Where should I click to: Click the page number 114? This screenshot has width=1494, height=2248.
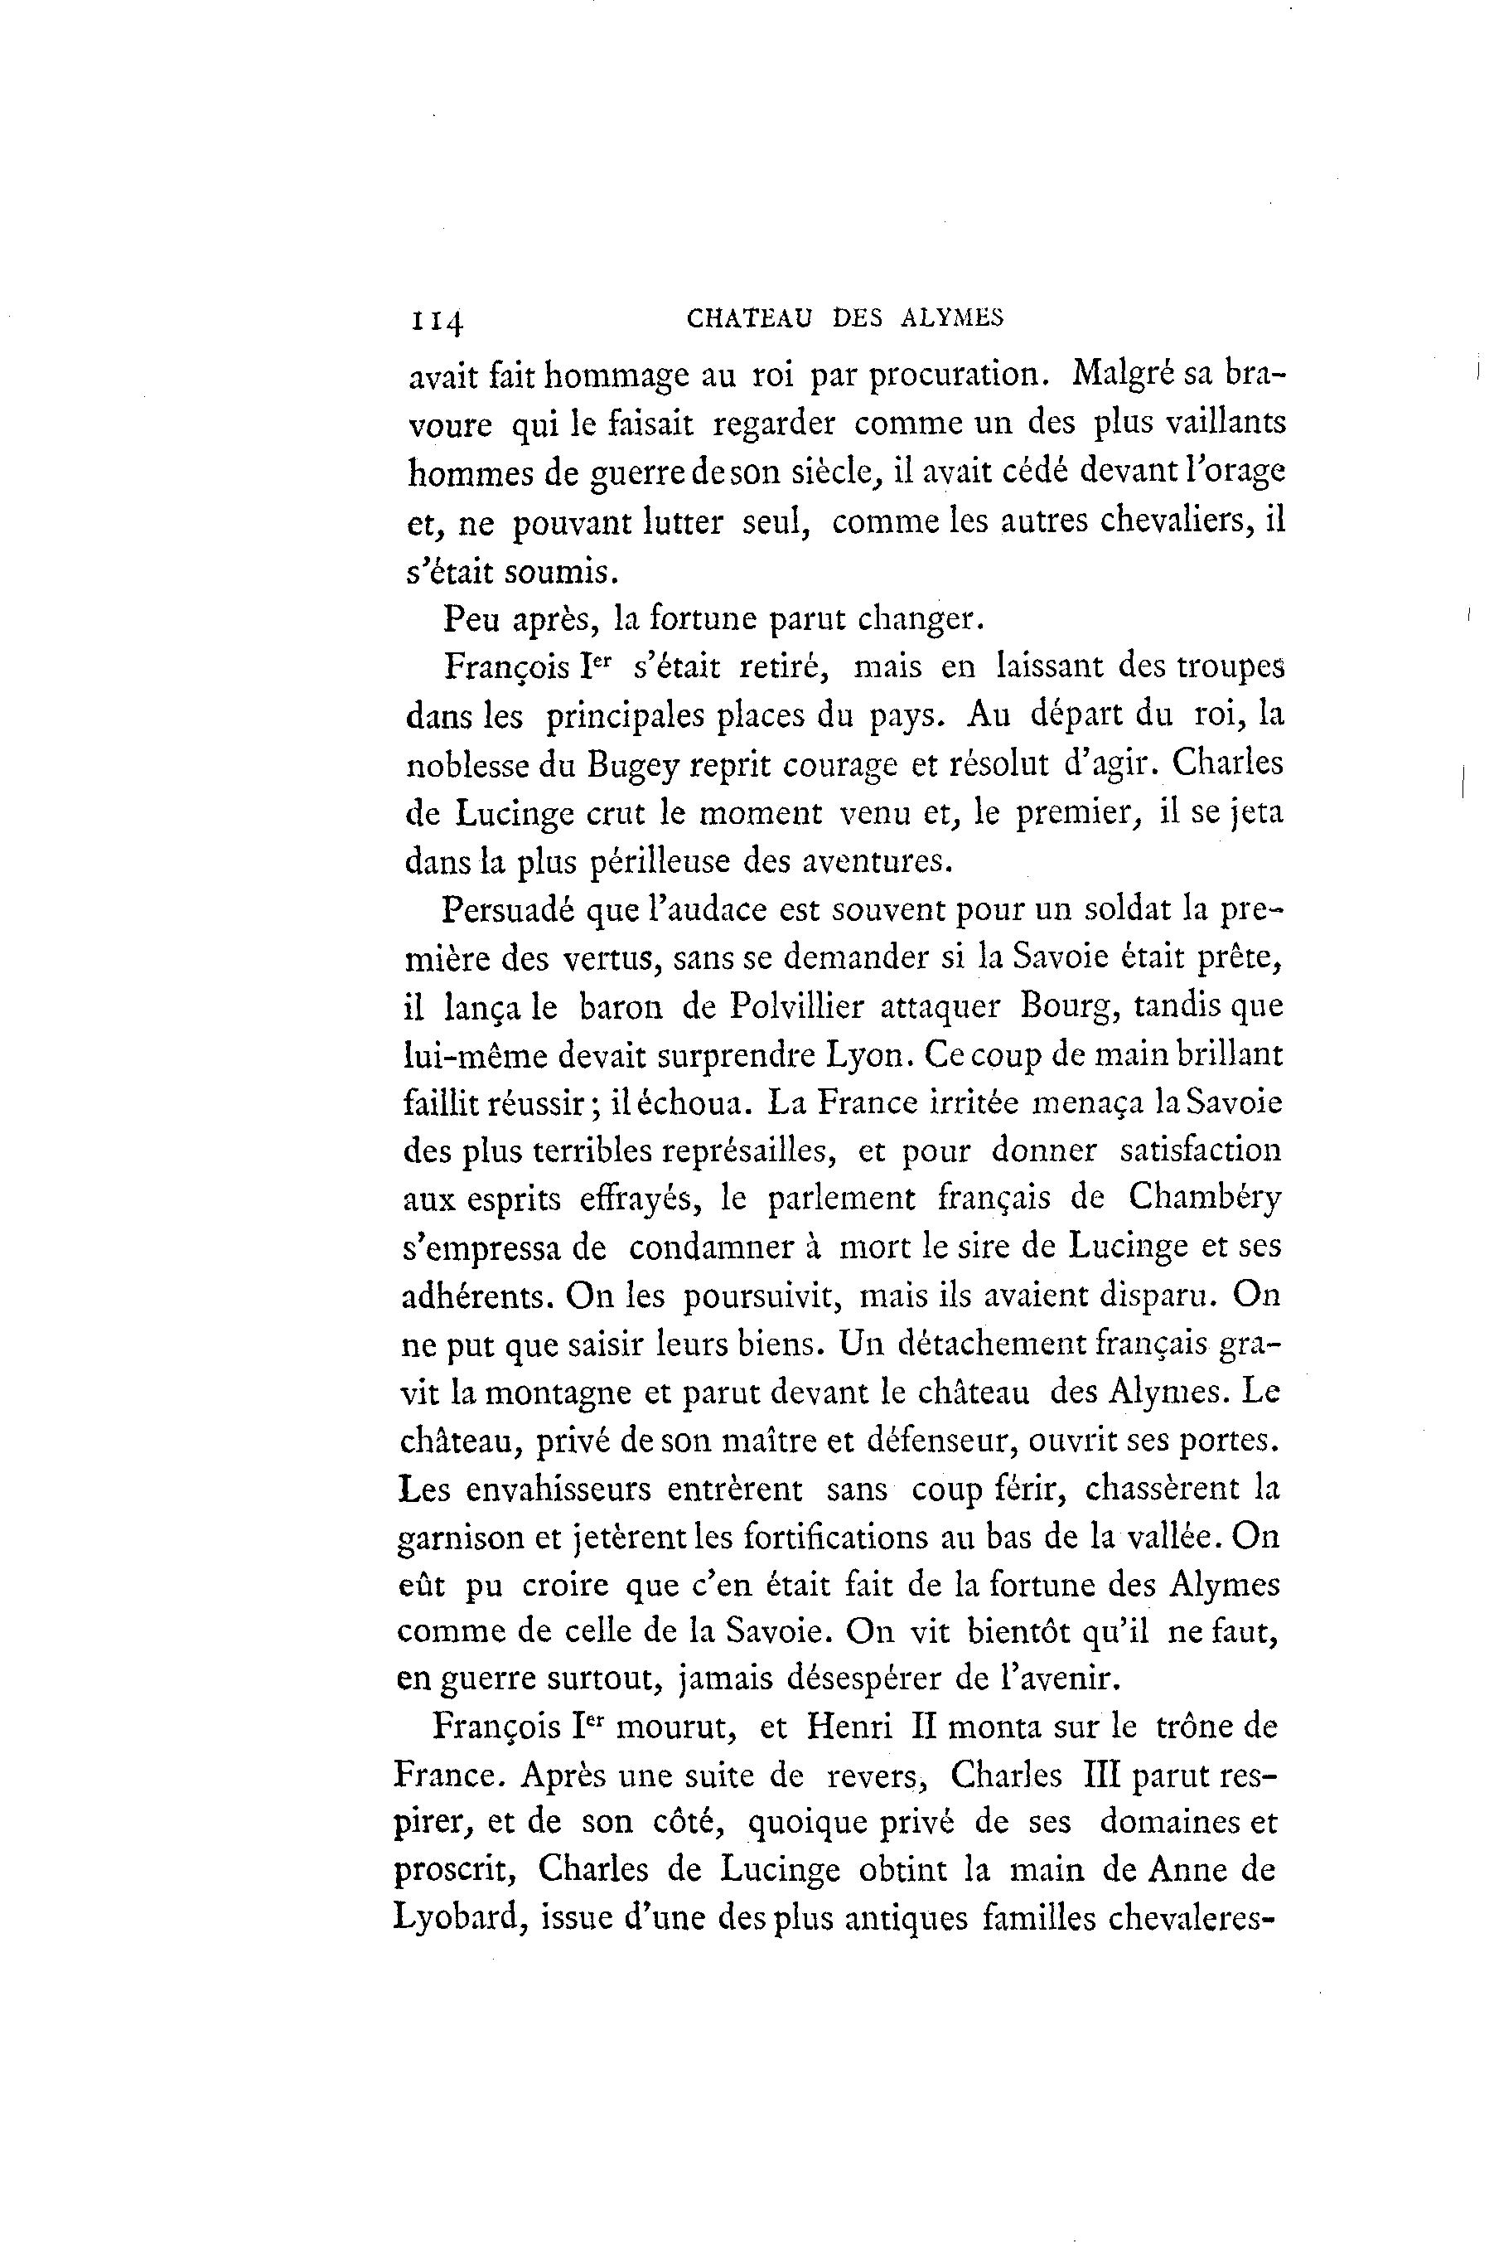(x=437, y=321)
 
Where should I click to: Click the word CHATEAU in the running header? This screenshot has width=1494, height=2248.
(x=748, y=319)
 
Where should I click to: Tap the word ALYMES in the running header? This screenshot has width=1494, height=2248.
(x=952, y=319)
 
